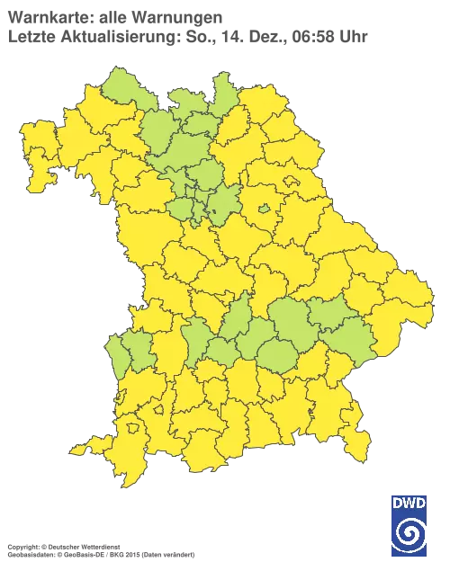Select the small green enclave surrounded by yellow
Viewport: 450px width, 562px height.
(265, 209)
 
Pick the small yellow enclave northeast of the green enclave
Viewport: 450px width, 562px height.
(292, 181)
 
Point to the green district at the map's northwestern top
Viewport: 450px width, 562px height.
(121, 88)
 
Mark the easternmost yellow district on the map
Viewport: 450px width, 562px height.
(409, 297)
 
